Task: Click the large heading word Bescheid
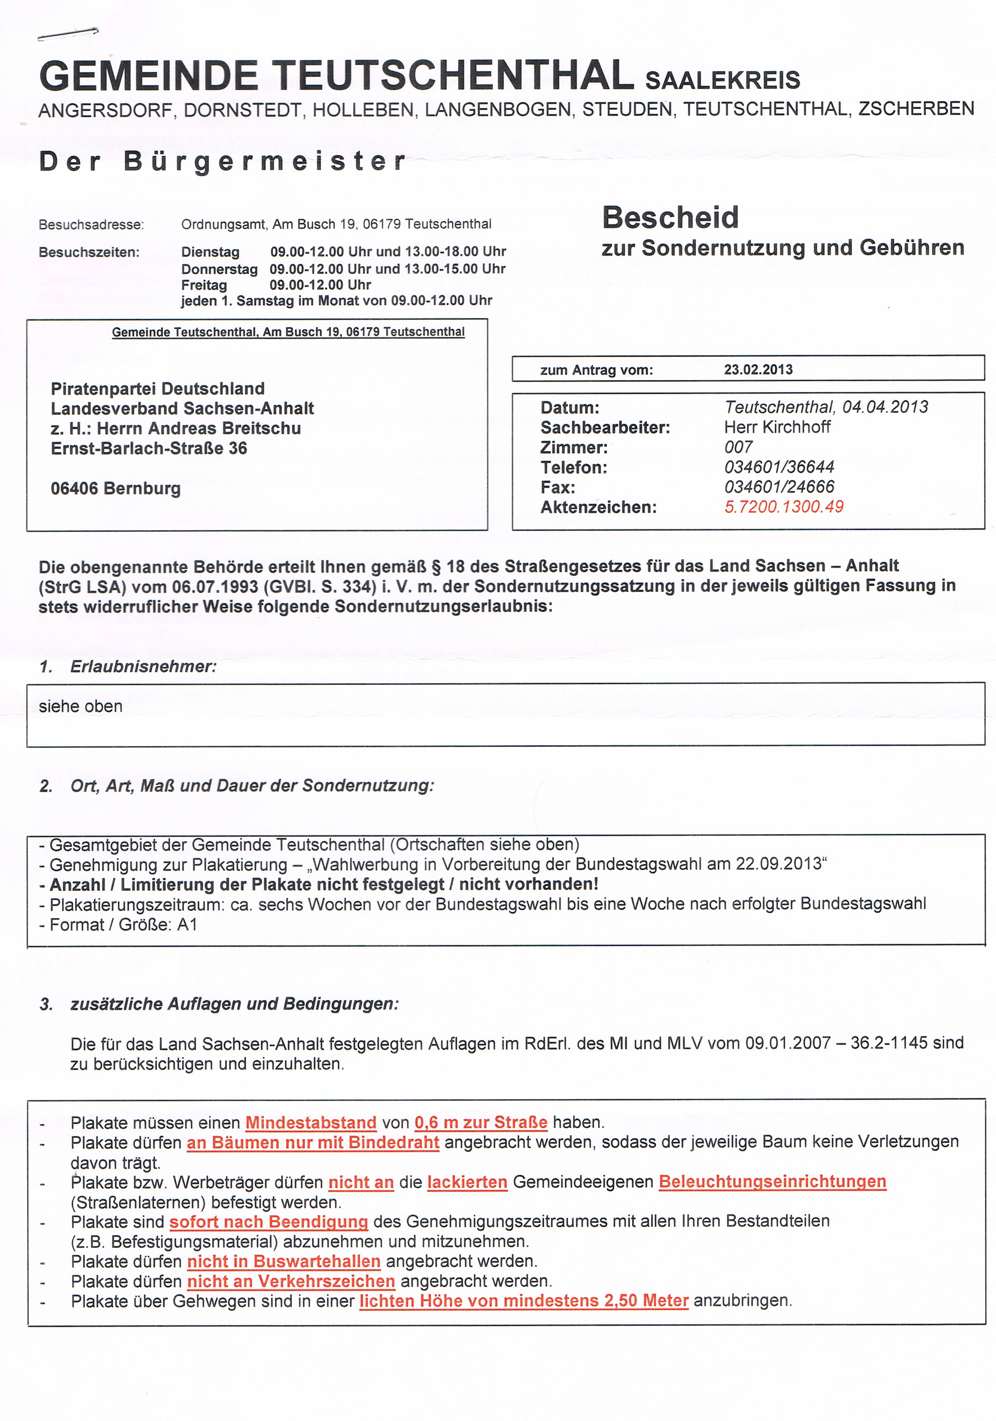point(670,218)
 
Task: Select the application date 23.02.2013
point(758,369)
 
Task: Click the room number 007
point(738,447)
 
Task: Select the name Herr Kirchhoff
point(777,427)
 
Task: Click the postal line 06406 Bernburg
point(116,488)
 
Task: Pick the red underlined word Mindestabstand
point(311,1123)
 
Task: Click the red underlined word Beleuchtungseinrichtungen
point(772,1182)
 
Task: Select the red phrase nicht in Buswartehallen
point(283,1261)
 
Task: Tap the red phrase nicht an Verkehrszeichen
point(291,1281)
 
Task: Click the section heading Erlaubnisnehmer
point(143,667)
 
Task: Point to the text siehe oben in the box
point(81,706)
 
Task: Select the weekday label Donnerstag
point(219,269)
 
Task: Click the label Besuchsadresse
point(91,225)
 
